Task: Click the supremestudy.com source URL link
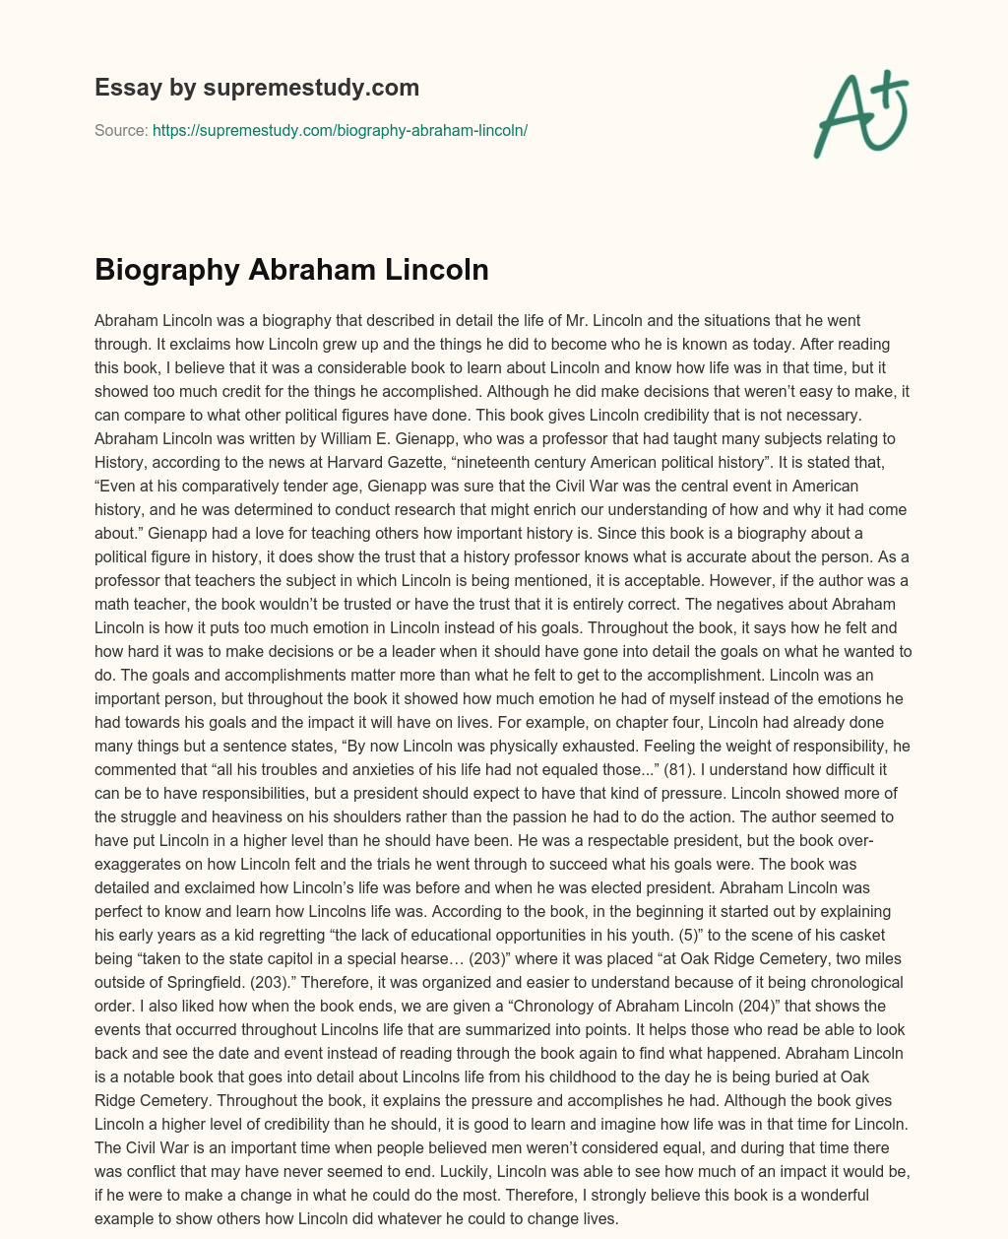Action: [341, 130]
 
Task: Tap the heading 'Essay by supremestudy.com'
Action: [257, 88]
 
